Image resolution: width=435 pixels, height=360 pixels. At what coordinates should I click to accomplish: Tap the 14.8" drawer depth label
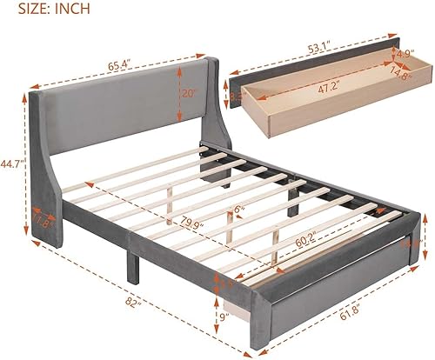(x=402, y=97)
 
